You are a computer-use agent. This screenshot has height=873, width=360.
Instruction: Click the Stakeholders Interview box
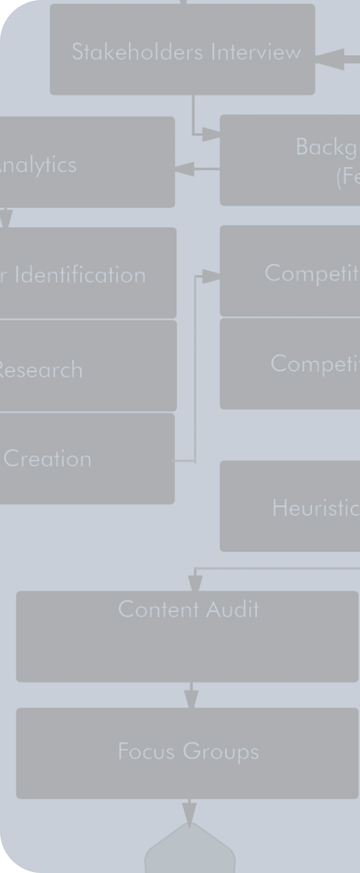182,49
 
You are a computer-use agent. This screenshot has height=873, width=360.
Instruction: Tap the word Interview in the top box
256,52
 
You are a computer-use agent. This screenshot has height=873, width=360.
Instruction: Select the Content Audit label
188,609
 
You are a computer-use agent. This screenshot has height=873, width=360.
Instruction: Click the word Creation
47,459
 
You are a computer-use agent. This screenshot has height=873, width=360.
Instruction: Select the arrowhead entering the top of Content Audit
195,583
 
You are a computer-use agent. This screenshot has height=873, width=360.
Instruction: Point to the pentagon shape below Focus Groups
190,851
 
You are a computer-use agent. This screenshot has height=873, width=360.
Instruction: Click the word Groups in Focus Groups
221,752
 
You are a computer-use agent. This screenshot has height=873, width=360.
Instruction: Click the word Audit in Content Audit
233,609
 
